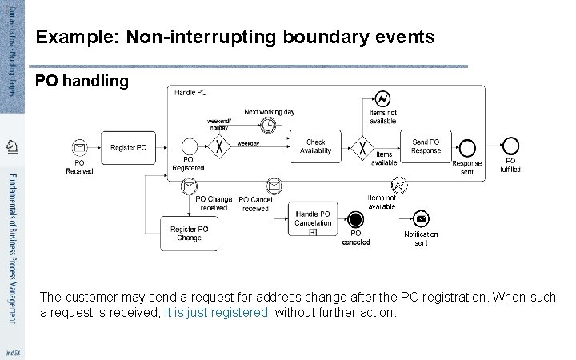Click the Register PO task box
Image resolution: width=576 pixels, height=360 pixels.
[x=128, y=147]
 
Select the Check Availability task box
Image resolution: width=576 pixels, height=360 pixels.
[x=316, y=146]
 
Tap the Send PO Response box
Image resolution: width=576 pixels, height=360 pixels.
[x=426, y=146]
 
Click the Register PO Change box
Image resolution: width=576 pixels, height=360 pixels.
[x=190, y=233]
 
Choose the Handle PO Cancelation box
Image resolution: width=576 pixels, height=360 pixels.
[x=313, y=218]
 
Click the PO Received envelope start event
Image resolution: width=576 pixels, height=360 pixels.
[x=79, y=147]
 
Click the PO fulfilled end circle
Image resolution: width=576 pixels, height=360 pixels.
[x=510, y=146]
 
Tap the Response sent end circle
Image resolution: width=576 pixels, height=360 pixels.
[x=467, y=148]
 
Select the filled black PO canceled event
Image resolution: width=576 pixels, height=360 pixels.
[x=356, y=218]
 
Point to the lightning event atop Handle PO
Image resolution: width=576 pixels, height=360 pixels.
[x=382, y=98]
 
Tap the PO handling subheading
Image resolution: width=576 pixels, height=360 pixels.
[x=82, y=81]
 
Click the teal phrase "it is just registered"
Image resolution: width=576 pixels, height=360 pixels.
[x=216, y=312]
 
